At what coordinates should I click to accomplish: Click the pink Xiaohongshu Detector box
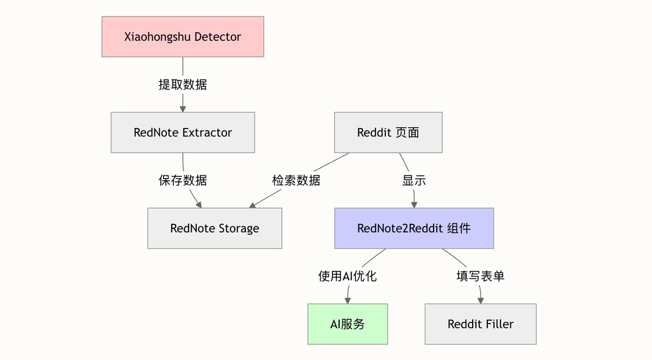tap(183, 37)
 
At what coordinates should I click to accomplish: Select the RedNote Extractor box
tap(183, 132)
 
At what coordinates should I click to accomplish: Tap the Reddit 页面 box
tap(388, 132)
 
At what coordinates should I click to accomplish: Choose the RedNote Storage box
tap(215, 228)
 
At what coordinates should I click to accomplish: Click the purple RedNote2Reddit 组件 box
tap(414, 228)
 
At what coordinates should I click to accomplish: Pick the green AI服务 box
tap(348, 324)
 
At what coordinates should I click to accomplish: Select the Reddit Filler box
tap(480, 324)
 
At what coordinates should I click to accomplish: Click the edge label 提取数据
tap(183, 85)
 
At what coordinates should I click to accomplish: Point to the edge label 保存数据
tap(183, 180)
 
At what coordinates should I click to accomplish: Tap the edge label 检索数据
tap(296, 180)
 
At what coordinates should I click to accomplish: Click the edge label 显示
tap(414, 180)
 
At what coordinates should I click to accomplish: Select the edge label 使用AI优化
tap(348, 276)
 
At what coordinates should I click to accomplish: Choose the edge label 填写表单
tap(480, 276)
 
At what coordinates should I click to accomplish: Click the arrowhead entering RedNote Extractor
tap(183, 108)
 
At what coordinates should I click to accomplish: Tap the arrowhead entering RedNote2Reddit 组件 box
tap(414, 204)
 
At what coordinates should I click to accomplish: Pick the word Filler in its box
tap(499, 324)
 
